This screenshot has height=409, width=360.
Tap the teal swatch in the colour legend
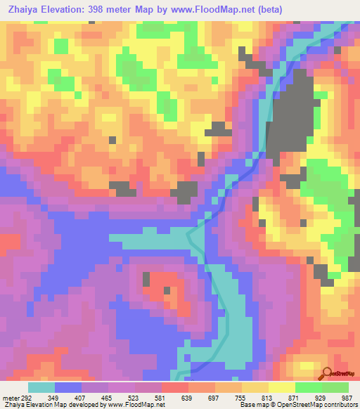pyautogui.click(x=41, y=388)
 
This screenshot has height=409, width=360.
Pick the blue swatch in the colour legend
pyautogui.click(x=68, y=388)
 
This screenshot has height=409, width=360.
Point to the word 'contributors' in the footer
pyautogui.click(x=340, y=405)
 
